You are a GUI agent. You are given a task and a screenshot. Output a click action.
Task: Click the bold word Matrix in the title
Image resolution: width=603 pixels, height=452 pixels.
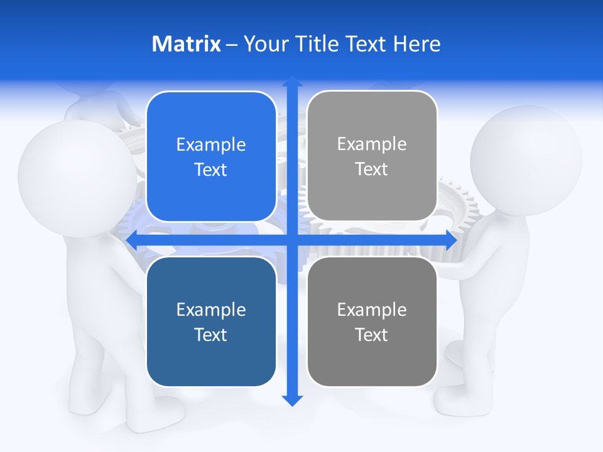(x=186, y=44)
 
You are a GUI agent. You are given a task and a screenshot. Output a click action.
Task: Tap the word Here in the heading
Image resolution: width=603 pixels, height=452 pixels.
(x=417, y=44)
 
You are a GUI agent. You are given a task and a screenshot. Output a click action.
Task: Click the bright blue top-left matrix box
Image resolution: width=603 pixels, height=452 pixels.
(x=211, y=156)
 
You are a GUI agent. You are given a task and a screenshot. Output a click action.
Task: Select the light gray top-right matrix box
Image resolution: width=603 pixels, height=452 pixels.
(x=372, y=156)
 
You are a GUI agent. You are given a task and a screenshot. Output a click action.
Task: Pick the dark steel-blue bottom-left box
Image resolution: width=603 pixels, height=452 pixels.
(x=211, y=321)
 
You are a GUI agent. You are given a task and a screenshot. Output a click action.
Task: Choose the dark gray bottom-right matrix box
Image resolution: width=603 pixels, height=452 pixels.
(x=372, y=321)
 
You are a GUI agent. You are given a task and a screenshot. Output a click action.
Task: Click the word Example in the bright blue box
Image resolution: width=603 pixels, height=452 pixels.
(x=211, y=144)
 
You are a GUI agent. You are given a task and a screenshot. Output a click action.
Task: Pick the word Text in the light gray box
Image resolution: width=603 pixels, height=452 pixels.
(x=372, y=169)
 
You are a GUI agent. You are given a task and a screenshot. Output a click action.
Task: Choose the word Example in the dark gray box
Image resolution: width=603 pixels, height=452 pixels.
(x=372, y=309)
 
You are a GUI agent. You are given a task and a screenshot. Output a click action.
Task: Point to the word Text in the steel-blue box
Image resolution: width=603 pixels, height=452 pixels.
(x=211, y=335)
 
